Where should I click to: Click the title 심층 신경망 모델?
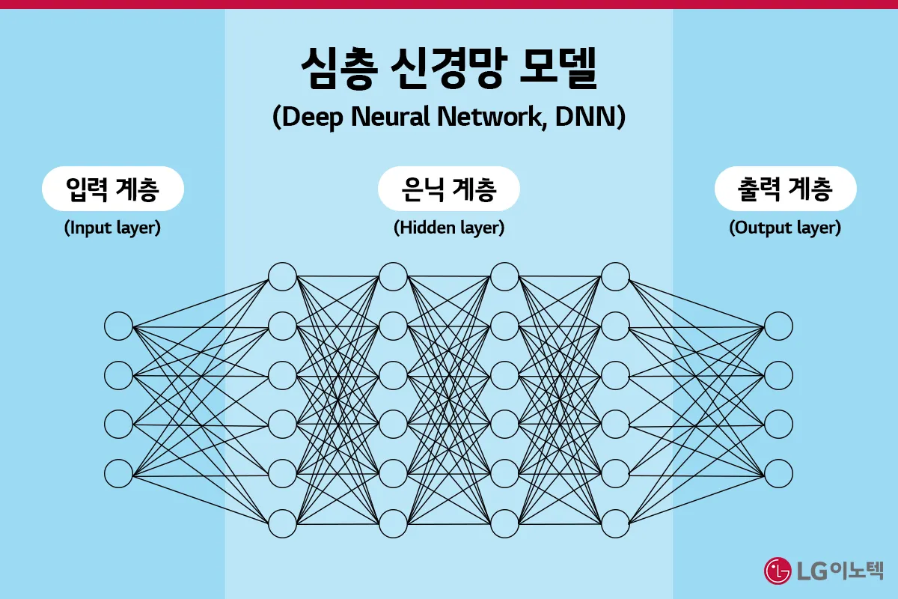(449, 70)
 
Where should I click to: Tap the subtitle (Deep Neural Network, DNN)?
(449, 118)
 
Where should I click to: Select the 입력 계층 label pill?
(112, 189)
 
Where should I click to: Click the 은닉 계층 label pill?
(449, 189)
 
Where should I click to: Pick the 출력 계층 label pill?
(785, 189)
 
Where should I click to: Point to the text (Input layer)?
(112, 228)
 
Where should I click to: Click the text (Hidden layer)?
(449, 228)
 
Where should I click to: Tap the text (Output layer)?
(785, 228)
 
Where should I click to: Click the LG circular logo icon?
(778, 571)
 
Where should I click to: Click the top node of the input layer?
(118, 326)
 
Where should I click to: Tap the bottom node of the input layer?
(118, 473)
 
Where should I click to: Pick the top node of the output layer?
(778, 326)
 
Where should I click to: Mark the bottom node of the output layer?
(778, 473)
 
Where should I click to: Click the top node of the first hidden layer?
(282, 277)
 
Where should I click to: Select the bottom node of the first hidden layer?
(282, 522)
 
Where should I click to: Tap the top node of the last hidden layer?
(615, 277)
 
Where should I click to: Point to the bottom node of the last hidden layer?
(615, 522)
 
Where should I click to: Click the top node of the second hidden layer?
(393, 277)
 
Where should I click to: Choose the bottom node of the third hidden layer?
(504, 522)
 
